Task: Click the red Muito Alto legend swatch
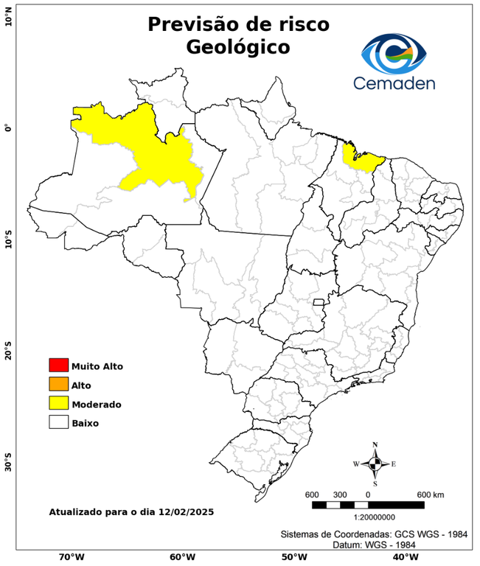click(58, 365)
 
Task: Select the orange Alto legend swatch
click(58, 384)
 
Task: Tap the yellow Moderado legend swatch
click(58, 403)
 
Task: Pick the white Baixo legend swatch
click(58, 422)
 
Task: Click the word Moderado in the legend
click(97, 404)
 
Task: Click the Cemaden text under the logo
click(394, 83)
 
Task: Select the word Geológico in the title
click(238, 47)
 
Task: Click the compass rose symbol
click(375, 464)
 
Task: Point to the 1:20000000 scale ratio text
click(367, 518)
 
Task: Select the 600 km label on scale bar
click(431, 494)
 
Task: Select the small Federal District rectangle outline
click(319, 302)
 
